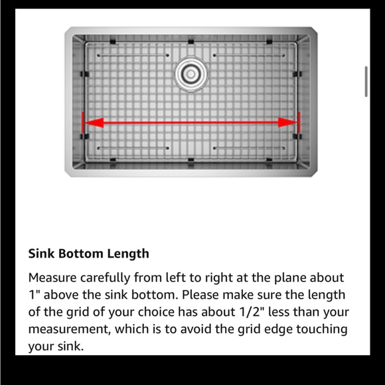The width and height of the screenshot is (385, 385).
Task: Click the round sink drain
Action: pos(190,71)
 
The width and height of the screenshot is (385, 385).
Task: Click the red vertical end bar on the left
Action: pos(82,123)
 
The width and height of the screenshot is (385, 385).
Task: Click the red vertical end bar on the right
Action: pos(299,123)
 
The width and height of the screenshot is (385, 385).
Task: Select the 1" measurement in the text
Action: pos(33,295)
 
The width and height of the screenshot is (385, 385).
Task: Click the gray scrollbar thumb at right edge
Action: pos(366,82)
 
